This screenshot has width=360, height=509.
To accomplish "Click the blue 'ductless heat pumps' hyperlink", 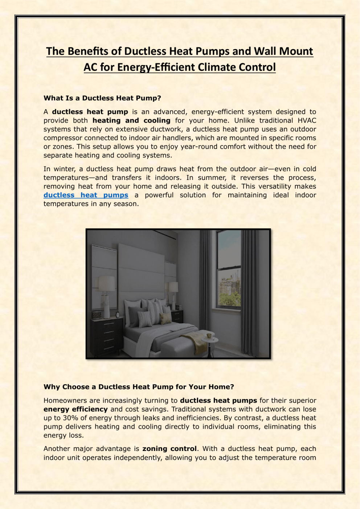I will [86, 195].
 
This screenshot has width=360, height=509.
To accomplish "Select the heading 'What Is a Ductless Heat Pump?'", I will [102, 98].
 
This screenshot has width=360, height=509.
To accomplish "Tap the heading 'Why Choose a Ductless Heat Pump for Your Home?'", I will [139, 387].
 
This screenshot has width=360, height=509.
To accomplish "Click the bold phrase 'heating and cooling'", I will [131, 120].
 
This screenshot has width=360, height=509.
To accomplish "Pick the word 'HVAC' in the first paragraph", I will [307, 120].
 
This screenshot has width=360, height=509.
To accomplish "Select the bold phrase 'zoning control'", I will [169, 449].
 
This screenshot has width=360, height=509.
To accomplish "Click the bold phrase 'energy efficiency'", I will [75, 409].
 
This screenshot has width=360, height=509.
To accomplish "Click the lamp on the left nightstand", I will [107, 294].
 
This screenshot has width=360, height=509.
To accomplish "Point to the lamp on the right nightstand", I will [173, 292].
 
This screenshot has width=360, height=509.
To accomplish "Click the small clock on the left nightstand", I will [118, 315].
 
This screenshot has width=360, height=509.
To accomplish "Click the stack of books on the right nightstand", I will [178, 308].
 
